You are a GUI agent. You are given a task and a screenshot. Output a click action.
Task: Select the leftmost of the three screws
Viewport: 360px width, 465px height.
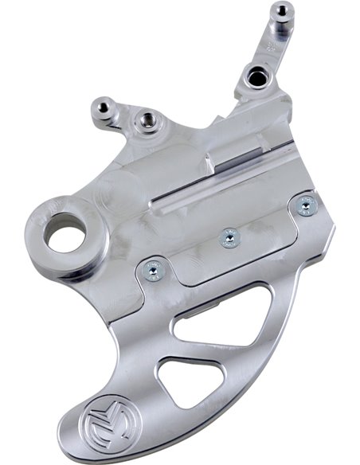coord(149,272)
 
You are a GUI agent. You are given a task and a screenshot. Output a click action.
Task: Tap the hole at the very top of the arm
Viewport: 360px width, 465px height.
coord(281,11)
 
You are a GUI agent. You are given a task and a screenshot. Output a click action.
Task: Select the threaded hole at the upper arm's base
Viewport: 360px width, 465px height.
coord(256,77)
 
